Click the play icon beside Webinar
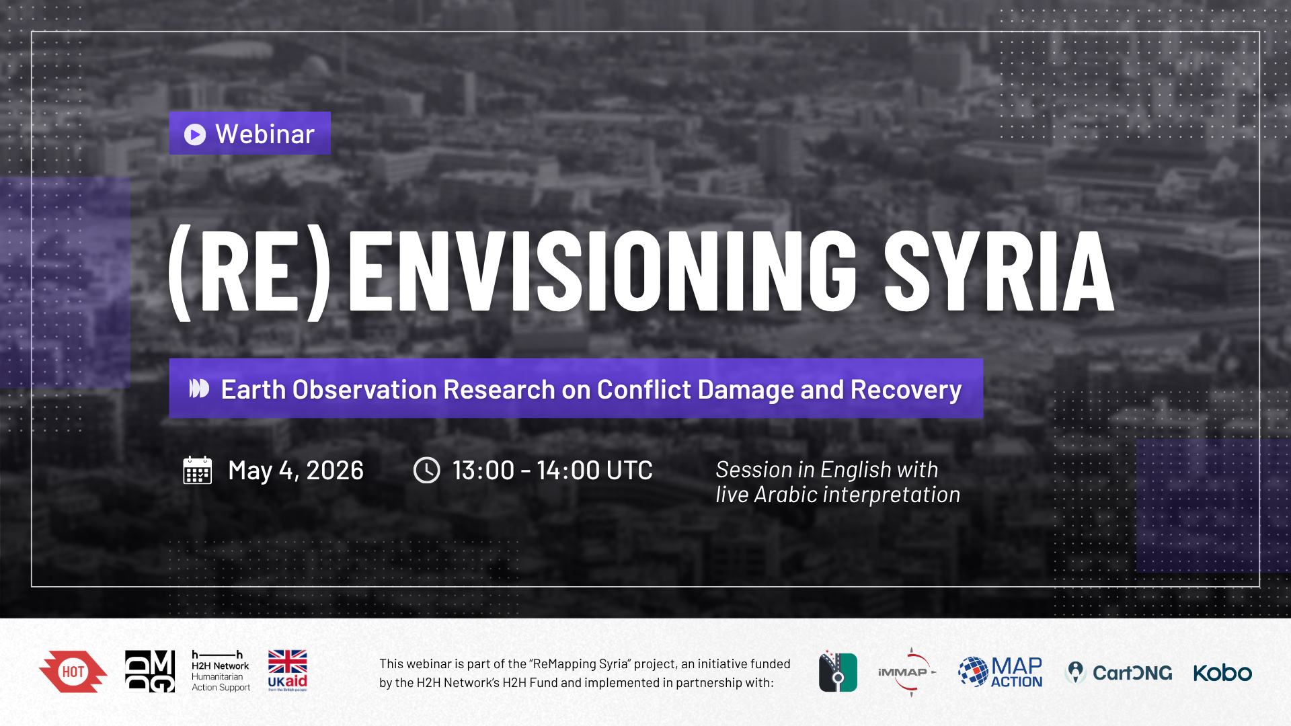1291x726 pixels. point(195,134)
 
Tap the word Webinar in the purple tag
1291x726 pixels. point(265,134)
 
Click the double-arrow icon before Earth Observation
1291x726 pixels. point(199,389)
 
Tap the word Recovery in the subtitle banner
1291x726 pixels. point(906,390)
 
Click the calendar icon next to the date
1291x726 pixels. point(198,470)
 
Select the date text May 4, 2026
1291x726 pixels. point(296,471)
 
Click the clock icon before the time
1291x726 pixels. point(426,470)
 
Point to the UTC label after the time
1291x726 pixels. point(629,471)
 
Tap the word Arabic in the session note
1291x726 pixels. point(785,495)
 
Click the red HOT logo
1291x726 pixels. point(73,672)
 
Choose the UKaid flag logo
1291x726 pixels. point(287,670)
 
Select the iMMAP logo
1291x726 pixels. point(907,672)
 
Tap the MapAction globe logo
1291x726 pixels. point(973,672)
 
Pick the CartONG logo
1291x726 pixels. point(1119,672)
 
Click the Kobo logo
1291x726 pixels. point(1222,672)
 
